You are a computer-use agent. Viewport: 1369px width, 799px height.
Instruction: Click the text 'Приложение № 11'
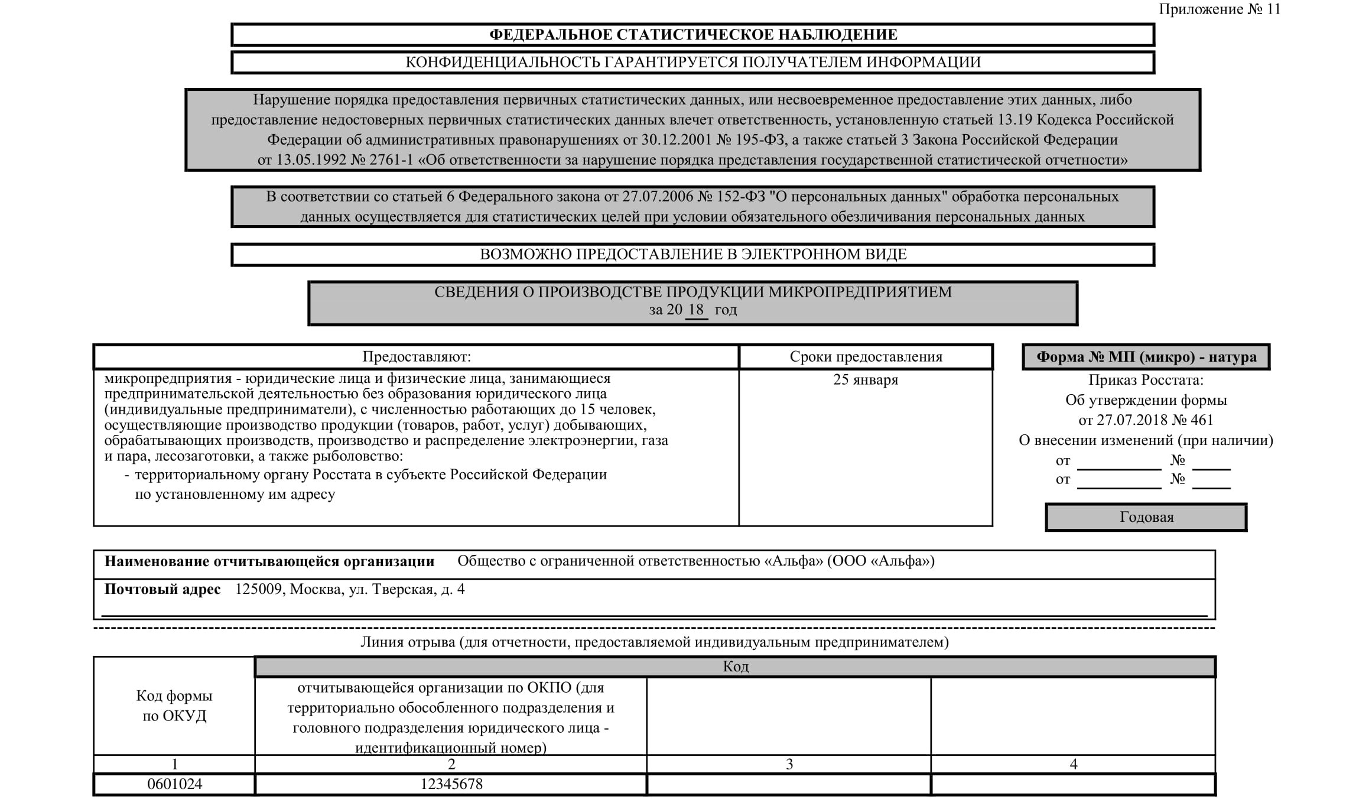1219,9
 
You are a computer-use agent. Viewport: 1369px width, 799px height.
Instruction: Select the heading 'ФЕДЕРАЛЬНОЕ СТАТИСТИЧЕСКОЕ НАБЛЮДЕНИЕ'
693,35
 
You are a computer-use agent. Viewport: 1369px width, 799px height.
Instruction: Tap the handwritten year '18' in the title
696,310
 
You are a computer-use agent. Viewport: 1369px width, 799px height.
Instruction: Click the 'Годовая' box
1146,517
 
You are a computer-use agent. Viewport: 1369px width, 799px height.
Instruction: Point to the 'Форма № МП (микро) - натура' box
1146,357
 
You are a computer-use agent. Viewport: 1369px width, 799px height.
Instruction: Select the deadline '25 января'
866,380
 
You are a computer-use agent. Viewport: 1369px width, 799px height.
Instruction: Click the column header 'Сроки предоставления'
866,357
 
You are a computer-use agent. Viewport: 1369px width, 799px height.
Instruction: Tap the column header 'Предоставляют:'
417,357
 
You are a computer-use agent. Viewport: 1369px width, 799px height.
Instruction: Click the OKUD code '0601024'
174,784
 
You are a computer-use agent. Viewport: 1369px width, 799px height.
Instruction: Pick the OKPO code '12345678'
451,784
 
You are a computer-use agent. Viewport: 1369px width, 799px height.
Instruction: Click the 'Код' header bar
736,667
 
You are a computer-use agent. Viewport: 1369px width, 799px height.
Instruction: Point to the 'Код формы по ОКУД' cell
174,706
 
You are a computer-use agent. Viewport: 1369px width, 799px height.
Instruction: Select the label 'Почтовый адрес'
162,589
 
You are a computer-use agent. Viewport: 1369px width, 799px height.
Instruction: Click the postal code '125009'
259,589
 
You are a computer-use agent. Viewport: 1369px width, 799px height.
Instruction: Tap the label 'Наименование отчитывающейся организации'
269,561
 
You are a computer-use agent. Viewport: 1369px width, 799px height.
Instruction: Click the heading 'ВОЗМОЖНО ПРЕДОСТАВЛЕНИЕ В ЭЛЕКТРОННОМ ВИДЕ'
693,255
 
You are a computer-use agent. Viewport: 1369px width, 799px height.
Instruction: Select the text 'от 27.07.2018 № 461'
1146,420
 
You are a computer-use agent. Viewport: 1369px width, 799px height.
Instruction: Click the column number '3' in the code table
789,764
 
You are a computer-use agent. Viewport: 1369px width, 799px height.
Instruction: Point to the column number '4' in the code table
1074,764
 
